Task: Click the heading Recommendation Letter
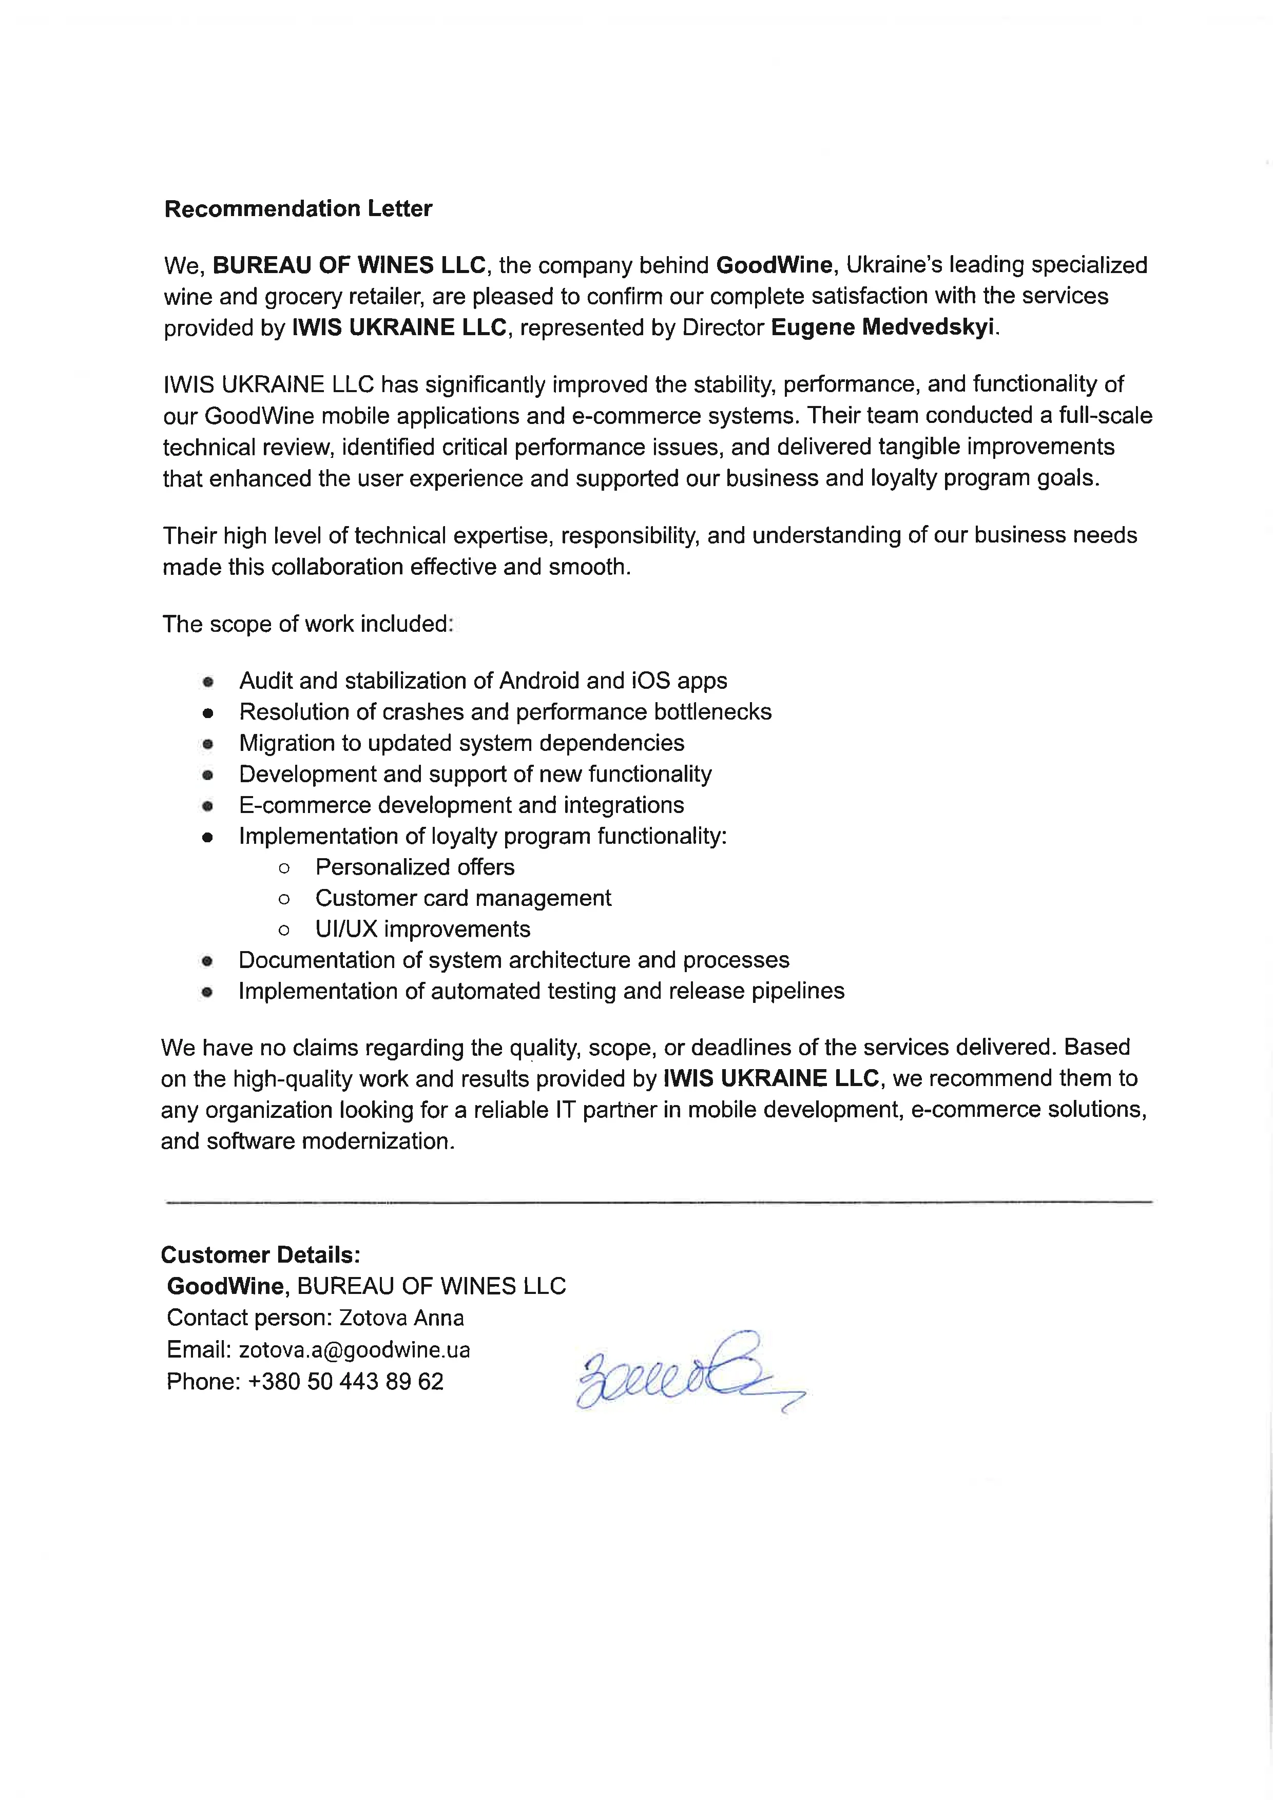[x=298, y=208]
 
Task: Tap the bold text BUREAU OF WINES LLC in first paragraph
[x=350, y=265]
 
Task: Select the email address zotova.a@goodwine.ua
[x=354, y=1349]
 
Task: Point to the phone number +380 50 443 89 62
[x=345, y=1381]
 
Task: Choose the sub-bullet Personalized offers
[x=415, y=867]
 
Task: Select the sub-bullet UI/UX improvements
[x=422, y=929]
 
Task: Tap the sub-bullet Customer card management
[x=462, y=898]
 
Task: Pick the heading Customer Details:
[x=260, y=1255]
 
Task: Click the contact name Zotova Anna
[x=401, y=1318]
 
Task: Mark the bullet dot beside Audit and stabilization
[x=208, y=682]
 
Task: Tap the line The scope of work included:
[x=307, y=624]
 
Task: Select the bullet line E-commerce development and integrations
[x=461, y=805]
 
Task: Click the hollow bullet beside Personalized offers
[x=284, y=868]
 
